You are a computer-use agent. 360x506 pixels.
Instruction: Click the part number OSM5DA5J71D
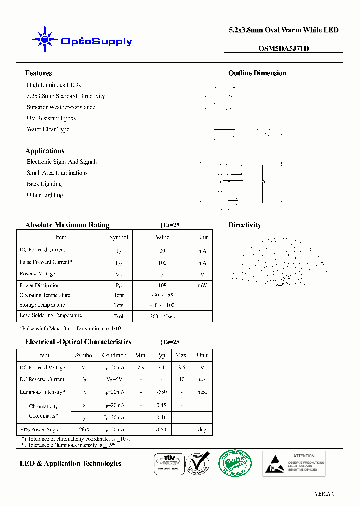point(283,49)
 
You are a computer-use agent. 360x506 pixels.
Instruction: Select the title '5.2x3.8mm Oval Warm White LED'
point(283,30)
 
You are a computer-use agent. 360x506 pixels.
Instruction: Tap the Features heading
point(38,73)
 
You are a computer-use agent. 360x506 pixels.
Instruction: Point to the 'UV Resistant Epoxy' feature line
point(51,118)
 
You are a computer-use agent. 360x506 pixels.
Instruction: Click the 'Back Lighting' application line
point(44,184)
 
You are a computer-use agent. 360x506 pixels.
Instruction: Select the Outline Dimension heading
point(257,73)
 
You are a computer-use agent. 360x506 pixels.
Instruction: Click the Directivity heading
point(244,225)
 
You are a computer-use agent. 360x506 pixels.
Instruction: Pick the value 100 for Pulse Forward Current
point(162,263)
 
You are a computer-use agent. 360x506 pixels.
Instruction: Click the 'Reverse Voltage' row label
point(37,274)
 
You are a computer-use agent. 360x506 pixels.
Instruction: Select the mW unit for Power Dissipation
point(202,286)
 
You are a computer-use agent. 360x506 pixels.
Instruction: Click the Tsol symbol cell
point(118,316)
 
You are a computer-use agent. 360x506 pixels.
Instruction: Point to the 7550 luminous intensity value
point(161,392)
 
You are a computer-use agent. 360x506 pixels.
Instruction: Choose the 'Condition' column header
point(114,355)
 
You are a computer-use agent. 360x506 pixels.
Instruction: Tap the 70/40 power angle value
point(161,430)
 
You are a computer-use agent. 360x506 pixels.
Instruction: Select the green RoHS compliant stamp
point(236,462)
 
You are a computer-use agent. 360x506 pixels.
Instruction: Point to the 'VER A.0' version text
point(324,494)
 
